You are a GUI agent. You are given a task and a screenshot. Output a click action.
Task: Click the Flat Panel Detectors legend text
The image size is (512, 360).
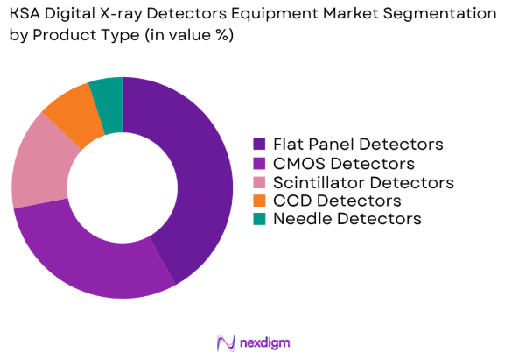[356, 144]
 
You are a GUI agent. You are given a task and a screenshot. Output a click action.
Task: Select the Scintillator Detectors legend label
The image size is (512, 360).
[362, 182]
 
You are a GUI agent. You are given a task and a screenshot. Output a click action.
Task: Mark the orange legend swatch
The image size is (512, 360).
[259, 201]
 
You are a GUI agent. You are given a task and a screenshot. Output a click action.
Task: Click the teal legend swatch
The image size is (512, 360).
[259, 219]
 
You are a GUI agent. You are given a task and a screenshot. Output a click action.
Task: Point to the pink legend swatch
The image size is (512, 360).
[259, 182]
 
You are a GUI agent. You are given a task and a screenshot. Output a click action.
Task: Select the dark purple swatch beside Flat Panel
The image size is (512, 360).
[259, 144]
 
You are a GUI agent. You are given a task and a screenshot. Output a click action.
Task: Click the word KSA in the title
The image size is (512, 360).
[25, 14]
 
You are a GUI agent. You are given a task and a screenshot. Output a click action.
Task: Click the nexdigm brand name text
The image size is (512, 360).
[265, 342]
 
